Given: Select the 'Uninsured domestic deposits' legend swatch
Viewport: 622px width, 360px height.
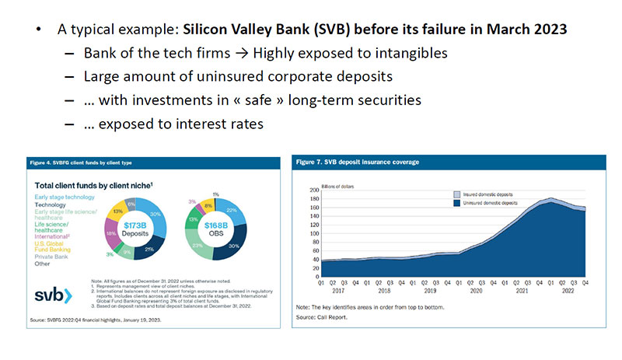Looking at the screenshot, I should click(458, 203).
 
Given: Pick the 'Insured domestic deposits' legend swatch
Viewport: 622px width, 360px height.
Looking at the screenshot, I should click(458, 194).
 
